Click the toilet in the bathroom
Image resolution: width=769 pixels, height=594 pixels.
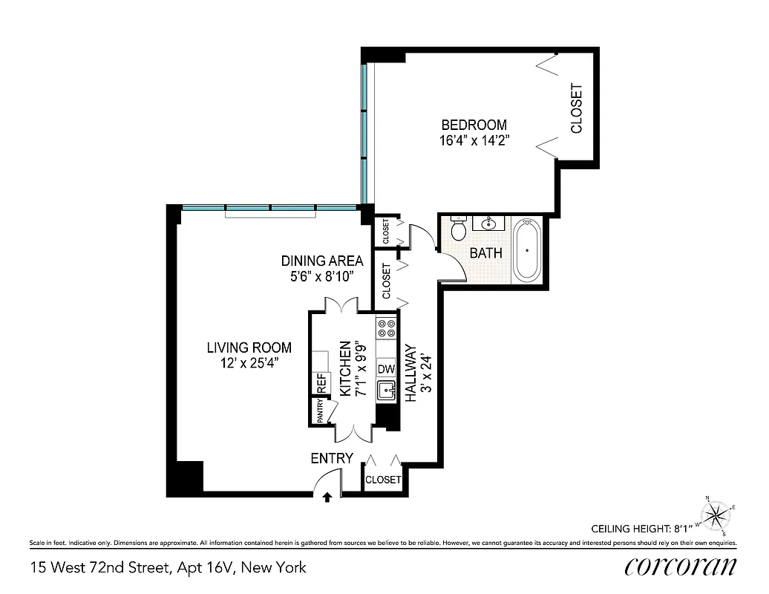(x=458, y=228)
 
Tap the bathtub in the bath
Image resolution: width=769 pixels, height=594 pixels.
(x=527, y=249)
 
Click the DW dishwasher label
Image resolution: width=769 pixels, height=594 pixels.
(x=385, y=369)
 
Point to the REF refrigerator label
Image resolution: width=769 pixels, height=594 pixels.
(x=321, y=384)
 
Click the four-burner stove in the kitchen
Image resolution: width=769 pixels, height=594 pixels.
(x=385, y=329)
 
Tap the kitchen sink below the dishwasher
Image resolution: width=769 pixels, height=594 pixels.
(x=385, y=391)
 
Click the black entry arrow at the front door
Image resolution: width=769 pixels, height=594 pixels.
(x=327, y=499)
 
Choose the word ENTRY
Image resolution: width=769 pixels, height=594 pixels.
(x=332, y=459)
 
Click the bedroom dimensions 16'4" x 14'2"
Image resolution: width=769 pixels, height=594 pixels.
(x=474, y=139)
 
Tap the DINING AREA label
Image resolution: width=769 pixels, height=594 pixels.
(x=321, y=261)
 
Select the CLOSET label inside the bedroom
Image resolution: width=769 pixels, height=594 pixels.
(x=577, y=108)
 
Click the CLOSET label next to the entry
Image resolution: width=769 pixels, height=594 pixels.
(x=383, y=480)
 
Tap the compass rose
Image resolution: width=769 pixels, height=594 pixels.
(x=716, y=515)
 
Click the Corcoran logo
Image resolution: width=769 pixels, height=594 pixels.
(x=681, y=567)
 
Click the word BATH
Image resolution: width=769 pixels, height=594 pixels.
(x=486, y=252)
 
